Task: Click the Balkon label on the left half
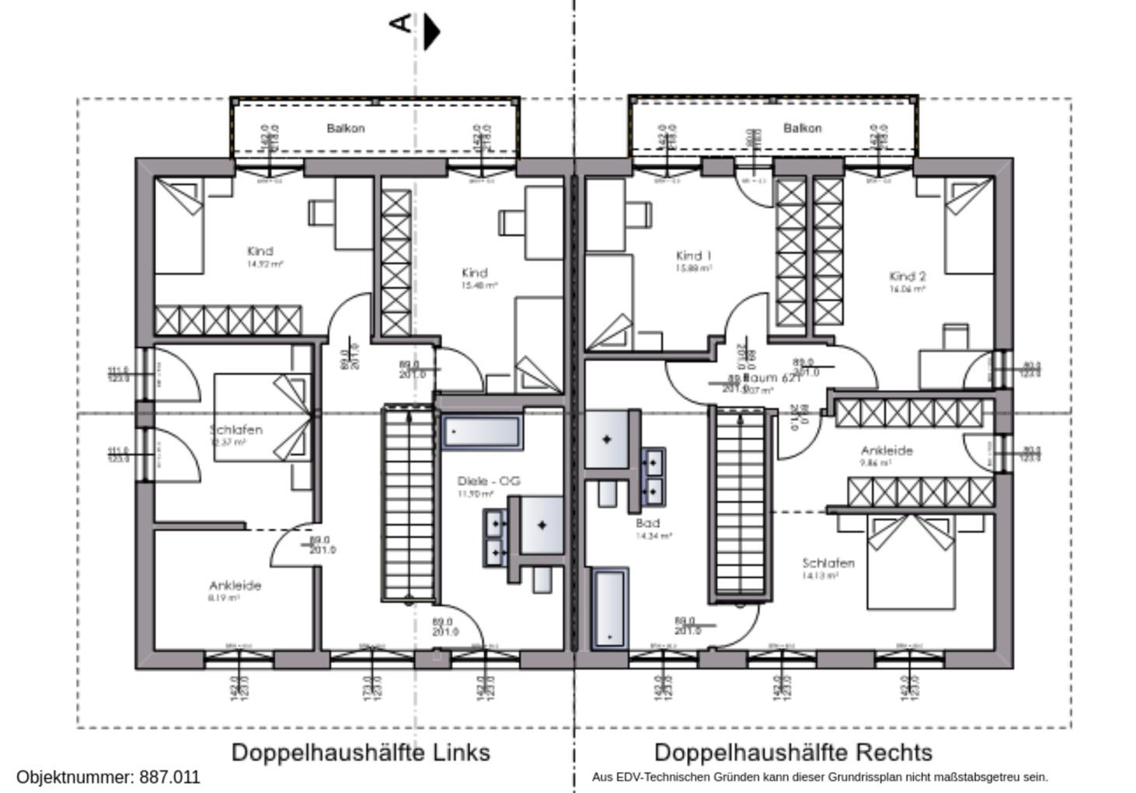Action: coord(345,128)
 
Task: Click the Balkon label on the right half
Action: coord(802,128)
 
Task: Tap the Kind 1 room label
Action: coord(693,256)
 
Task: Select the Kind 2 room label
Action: coord(907,277)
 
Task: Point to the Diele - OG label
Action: coord(488,482)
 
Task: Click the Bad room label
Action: coord(647,523)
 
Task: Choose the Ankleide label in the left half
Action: coord(235,586)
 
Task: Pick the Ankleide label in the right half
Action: coord(887,450)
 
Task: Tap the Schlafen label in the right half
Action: coord(828,563)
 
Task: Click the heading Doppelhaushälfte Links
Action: coord(361,752)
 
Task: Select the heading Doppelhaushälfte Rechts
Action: coord(793,752)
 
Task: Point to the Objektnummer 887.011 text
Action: coord(108,777)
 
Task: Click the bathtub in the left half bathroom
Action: coord(482,432)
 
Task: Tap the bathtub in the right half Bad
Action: coord(609,608)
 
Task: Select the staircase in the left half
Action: coord(409,503)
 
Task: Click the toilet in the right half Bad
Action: coord(608,493)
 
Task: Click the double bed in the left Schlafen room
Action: coord(263,418)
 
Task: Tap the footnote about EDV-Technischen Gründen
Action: coord(820,777)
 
